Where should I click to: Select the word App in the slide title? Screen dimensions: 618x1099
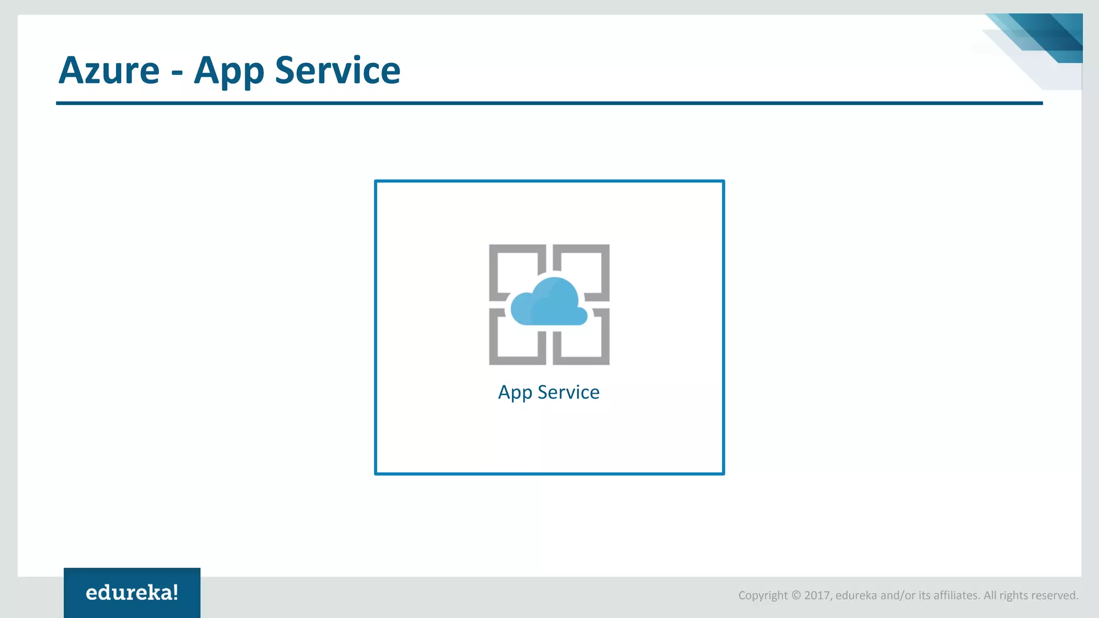click(229, 71)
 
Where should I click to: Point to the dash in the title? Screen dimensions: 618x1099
click(177, 73)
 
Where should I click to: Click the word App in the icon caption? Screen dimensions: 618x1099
click(515, 393)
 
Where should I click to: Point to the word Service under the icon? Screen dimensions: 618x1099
click(568, 392)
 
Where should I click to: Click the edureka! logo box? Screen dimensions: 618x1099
click(132, 592)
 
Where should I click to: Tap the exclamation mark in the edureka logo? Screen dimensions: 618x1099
click(175, 592)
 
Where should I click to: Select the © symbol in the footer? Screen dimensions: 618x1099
click(796, 595)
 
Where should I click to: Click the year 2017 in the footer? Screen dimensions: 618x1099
click(817, 595)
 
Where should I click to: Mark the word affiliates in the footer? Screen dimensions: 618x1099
click(956, 595)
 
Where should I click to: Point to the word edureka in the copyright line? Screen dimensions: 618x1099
click(856, 595)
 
